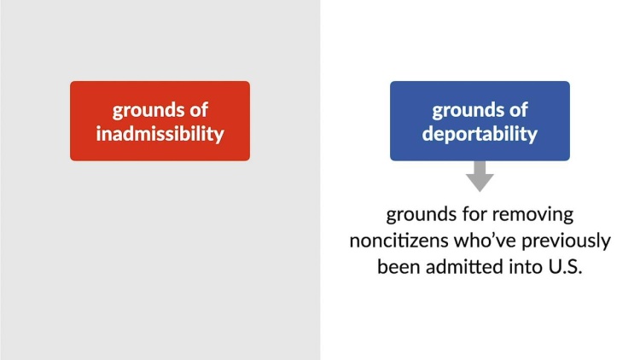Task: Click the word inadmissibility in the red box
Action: (160, 134)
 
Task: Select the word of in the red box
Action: (199, 110)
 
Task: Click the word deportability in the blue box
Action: (480, 134)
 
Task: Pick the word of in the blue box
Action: (519, 110)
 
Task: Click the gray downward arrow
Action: (480, 176)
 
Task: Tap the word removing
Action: (534, 215)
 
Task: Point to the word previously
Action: (566, 241)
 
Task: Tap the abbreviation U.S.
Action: (565, 267)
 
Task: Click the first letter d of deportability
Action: (428, 133)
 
